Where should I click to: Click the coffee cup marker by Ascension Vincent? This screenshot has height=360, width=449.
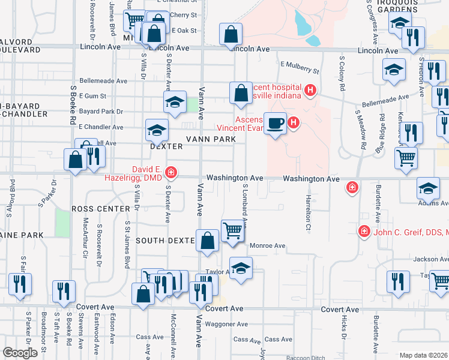point(276,123)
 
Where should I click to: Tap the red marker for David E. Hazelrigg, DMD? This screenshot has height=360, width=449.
point(171,173)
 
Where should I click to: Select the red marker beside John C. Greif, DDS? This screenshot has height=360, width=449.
point(363,231)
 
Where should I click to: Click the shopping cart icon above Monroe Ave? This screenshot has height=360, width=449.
point(232,230)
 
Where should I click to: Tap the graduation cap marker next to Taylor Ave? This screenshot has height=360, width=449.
point(241,268)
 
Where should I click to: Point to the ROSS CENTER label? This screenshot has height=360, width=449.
point(101,209)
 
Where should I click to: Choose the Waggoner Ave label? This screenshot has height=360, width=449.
point(226,324)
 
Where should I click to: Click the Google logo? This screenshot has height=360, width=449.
point(19,352)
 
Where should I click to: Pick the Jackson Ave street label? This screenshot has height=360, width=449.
point(430,259)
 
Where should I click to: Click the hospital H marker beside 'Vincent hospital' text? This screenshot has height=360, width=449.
point(310,91)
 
